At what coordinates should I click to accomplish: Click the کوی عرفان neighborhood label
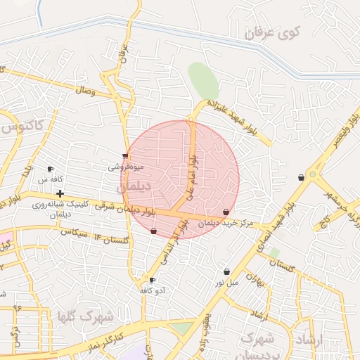[x=274, y=32]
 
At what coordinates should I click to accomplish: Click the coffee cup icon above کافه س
[x=50, y=169]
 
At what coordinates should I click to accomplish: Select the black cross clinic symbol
[x=60, y=193]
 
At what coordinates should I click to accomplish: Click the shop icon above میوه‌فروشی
[x=126, y=156]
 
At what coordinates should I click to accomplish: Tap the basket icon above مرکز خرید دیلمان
[x=226, y=212]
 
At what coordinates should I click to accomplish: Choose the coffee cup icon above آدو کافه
[x=153, y=280]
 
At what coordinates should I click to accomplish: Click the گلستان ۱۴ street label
[x=112, y=240]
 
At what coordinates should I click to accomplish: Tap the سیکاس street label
[x=73, y=231]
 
